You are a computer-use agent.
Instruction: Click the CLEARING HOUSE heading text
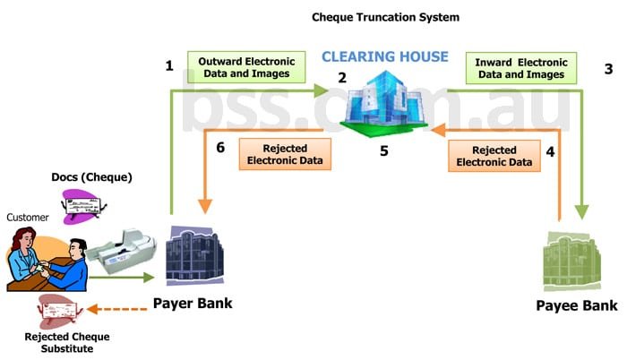click(385, 57)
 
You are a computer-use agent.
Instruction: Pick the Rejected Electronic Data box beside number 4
click(495, 154)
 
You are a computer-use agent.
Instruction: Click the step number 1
click(169, 65)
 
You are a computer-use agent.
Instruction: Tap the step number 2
click(341, 78)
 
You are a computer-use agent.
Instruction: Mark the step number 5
click(384, 151)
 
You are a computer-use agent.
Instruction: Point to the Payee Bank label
click(576, 306)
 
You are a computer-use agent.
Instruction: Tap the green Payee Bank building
click(578, 260)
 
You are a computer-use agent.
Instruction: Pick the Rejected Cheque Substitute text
click(59, 342)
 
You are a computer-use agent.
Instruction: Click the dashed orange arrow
click(119, 310)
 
